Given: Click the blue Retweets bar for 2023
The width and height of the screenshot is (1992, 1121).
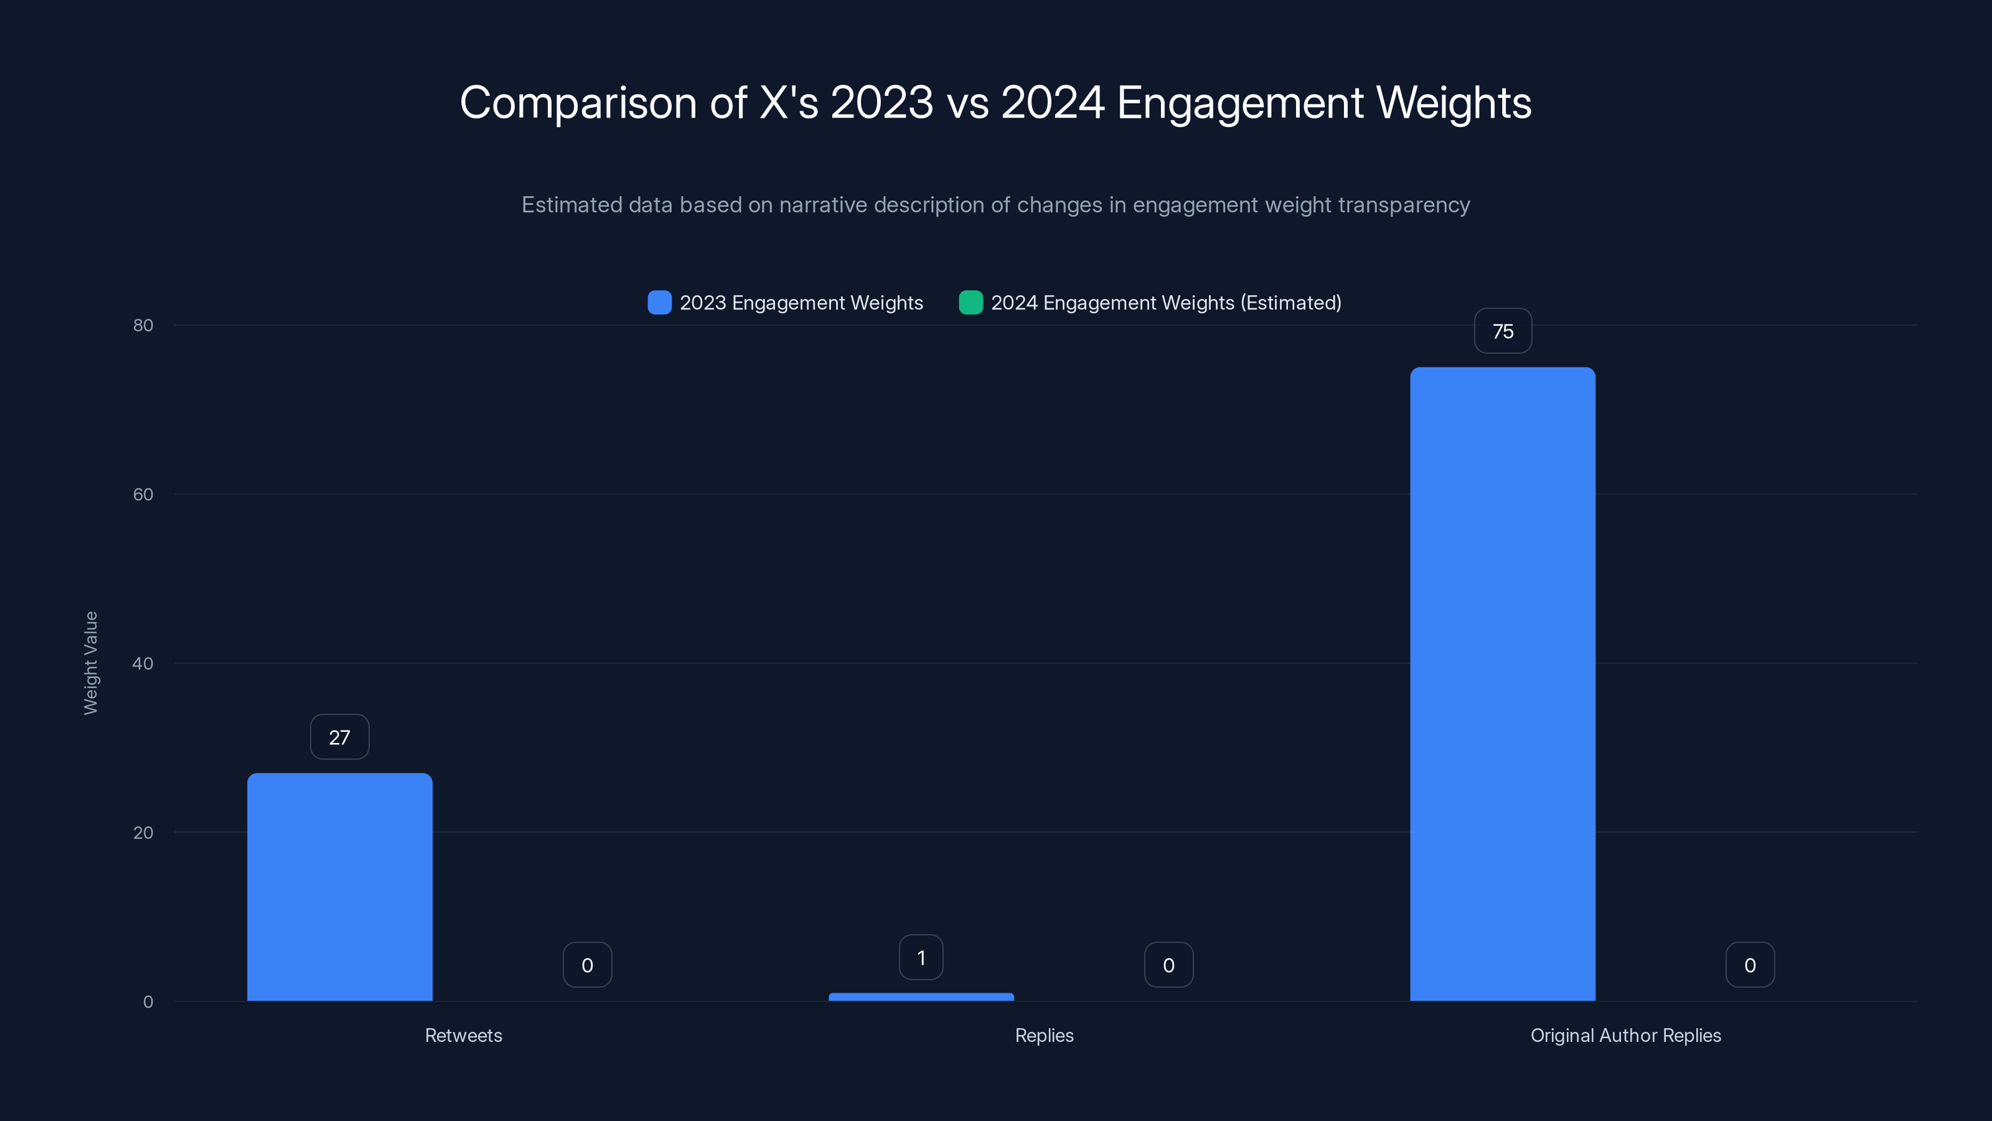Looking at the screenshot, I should click(339, 887).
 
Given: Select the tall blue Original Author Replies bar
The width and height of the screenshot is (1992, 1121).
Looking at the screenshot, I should click(1503, 684).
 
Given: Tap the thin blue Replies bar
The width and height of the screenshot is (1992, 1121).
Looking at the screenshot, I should click(921, 996).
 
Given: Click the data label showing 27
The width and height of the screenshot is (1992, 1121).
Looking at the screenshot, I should click(339, 737).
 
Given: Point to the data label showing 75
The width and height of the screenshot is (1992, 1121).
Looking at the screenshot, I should click(1503, 331).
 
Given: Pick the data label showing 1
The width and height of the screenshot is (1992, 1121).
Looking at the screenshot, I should click(921, 958).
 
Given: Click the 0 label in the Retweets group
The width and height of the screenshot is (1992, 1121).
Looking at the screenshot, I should click(587, 965).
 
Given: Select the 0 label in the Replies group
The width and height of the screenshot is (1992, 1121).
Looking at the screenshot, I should click(1168, 965).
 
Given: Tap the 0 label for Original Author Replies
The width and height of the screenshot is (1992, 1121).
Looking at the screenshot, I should click(1750, 965).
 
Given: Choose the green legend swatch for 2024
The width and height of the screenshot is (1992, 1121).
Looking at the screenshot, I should click(970, 303).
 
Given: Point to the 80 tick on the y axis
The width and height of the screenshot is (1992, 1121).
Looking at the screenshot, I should click(143, 325).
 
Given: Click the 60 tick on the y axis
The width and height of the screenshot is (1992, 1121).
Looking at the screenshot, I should click(143, 494).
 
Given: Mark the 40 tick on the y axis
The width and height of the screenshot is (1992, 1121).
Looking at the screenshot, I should click(143, 663).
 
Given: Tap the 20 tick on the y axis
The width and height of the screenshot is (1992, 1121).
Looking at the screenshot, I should click(143, 833).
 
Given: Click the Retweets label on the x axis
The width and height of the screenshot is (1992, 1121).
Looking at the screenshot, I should click(463, 1035).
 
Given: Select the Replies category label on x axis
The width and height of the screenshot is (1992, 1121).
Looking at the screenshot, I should click(1044, 1035).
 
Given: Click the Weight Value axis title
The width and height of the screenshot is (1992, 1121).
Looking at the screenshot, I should click(90, 663).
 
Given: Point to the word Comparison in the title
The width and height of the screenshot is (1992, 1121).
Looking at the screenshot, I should click(578, 103).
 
